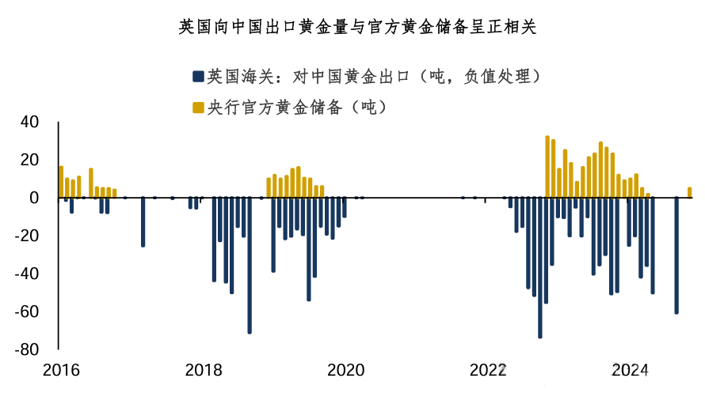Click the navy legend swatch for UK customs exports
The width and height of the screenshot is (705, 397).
(x=197, y=77)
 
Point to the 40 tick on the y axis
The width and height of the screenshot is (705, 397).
(x=29, y=123)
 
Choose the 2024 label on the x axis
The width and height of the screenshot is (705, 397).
(x=631, y=370)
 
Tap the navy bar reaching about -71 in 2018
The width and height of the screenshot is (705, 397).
(x=250, y=265)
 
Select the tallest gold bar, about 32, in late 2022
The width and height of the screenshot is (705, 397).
(x=547, y=167)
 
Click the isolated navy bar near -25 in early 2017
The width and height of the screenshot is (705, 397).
(x=143, y=221)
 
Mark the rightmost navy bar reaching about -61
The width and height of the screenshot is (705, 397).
(x=676, y=255)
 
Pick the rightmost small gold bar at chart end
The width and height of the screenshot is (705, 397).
(x=689, y=192)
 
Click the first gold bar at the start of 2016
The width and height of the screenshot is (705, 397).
(x=61, y=182)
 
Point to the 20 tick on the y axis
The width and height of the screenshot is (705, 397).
(x=29, y=160)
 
